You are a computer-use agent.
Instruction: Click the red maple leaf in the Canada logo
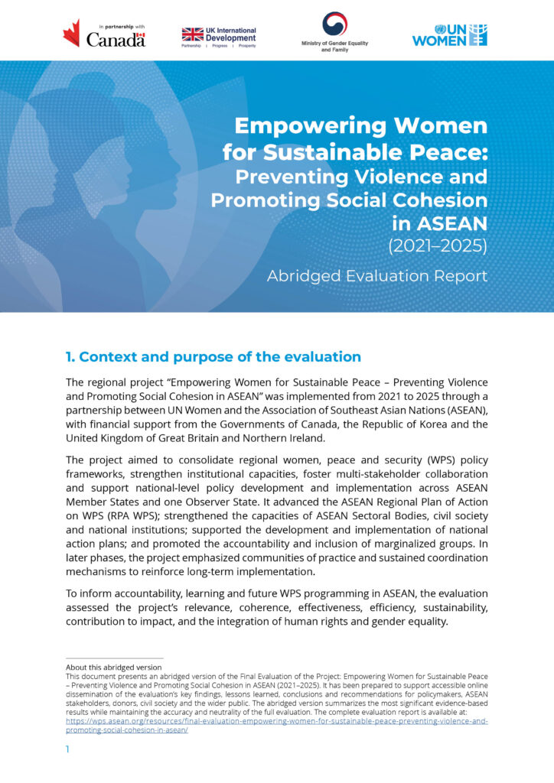[x=71, y=33]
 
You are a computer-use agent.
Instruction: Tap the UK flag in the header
[x=192, y=34]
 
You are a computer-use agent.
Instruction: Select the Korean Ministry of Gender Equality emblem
[x=334, y=24]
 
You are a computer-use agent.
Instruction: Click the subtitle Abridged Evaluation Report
[x=376, y=276]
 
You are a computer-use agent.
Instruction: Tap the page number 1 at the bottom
[x=67, y=750]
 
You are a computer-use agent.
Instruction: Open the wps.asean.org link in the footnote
[x=275, y=721]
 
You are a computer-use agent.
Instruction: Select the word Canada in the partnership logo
[x=116, y=40]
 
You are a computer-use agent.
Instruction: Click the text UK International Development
[x=231, y=34]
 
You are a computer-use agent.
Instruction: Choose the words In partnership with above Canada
[x=116, y=24]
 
